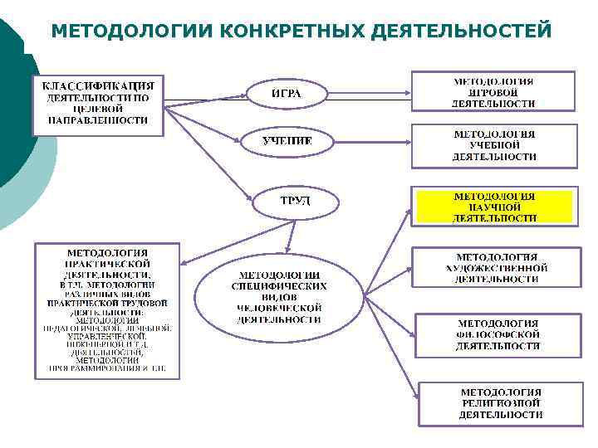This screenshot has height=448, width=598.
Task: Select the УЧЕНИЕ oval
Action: pos(287,141)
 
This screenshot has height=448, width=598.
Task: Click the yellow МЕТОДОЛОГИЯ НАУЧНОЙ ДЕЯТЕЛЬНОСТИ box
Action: pos(494,207)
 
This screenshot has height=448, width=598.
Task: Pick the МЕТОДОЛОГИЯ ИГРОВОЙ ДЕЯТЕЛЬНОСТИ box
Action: pos(493,93)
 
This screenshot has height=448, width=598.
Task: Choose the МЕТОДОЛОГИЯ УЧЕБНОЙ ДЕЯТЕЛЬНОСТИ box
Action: pos(494,145)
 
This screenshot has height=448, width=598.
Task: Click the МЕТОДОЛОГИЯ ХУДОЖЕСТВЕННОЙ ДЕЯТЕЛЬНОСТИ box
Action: pos(496,268)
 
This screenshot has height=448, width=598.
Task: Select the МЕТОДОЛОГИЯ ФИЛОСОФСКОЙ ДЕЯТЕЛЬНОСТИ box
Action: pos(498,334)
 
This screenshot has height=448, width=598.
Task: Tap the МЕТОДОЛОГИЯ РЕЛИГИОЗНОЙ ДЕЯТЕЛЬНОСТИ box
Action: pos(501,402)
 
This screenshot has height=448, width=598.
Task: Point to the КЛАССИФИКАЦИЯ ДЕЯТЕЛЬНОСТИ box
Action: pos(97,103)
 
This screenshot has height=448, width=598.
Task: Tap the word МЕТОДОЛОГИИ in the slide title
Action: pos(133,31)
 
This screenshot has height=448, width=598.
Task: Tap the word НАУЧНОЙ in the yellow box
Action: pos(495,207)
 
